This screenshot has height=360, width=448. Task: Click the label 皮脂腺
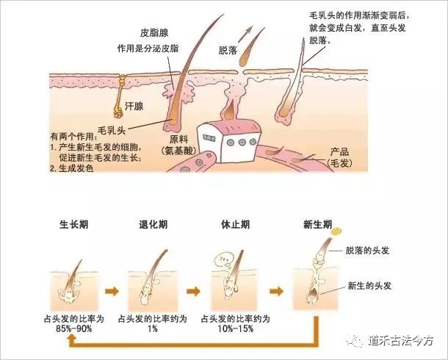point(154,33)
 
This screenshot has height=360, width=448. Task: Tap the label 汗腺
point(134,107)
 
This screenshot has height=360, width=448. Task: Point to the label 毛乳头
point(112,130)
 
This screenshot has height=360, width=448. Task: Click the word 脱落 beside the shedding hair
point(228,50)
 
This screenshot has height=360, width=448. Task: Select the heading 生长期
point(73,225)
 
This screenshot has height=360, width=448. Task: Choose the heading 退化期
point(153,225)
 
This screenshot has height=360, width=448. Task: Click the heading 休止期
point(236,225)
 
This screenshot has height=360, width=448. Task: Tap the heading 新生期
point(317,225)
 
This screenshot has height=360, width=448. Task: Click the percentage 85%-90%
point(73,328)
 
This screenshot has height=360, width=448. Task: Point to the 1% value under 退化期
point(153,328)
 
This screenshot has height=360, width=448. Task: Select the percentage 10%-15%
point(236,328)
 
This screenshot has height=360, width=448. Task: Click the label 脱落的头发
point(367,251)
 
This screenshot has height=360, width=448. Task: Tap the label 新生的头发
point(369,286)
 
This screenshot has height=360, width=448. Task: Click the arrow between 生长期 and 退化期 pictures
point(112,292)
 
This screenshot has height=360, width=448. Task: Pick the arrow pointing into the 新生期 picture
point(276,292)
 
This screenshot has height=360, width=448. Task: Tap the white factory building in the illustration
point(228,141)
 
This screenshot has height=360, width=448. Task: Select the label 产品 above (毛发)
point(340,151)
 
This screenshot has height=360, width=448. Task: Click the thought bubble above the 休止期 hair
point(224,259)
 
